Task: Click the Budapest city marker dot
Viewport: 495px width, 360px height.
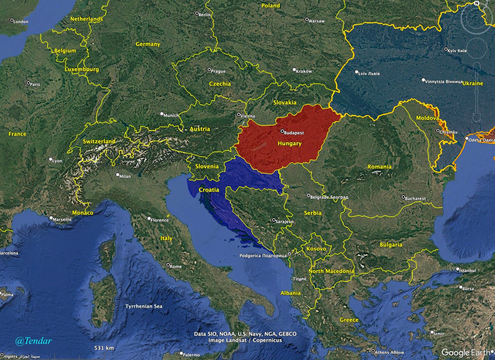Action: click(x=282, y=132)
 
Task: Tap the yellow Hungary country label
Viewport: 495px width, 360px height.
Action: click(x=290, y=144)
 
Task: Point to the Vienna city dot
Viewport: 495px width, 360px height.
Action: click(x=239, y=115)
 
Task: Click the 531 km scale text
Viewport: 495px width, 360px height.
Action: click(x=104, y=348)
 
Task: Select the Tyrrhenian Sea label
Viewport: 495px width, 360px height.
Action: click(x=144, y=306)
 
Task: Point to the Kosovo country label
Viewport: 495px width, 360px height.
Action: click(x=316, y=249)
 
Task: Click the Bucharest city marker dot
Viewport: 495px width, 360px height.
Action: click(x=403, y=197)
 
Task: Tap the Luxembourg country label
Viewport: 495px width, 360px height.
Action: click(x=82, y=69)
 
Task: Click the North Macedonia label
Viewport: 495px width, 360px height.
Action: click(x=331, y=271)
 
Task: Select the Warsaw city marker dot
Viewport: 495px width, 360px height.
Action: click(x=307, y=19)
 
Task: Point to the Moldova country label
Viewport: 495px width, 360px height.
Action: click(x=427, y=118)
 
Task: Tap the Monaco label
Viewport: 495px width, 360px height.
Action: click(x=83, y=213)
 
